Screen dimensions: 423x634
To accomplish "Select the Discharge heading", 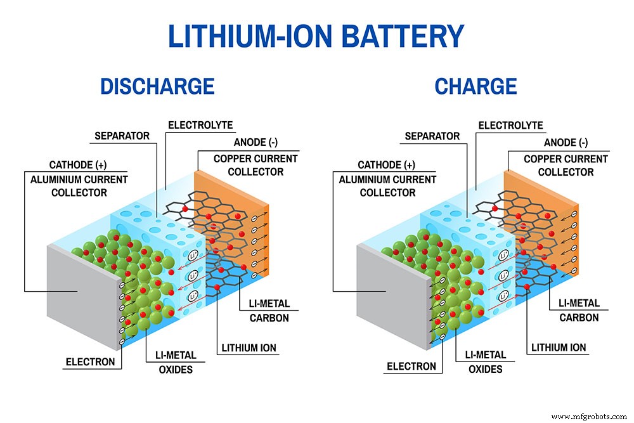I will (157, 86).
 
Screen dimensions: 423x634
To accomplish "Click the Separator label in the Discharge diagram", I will (122, 136).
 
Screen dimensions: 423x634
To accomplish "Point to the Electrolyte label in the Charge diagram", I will (510, 126).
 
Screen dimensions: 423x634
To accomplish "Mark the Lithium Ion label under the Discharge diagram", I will (249, 348).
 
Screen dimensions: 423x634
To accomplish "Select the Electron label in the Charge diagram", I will (411, 366).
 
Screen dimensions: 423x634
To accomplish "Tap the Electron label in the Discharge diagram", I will (91, 362).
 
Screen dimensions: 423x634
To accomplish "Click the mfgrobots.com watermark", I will (589, 416).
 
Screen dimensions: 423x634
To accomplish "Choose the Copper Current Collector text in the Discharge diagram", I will (256, 165).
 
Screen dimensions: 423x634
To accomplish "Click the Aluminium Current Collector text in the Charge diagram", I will (387, 186).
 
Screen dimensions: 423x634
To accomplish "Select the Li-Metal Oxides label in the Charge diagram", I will (485, 362).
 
